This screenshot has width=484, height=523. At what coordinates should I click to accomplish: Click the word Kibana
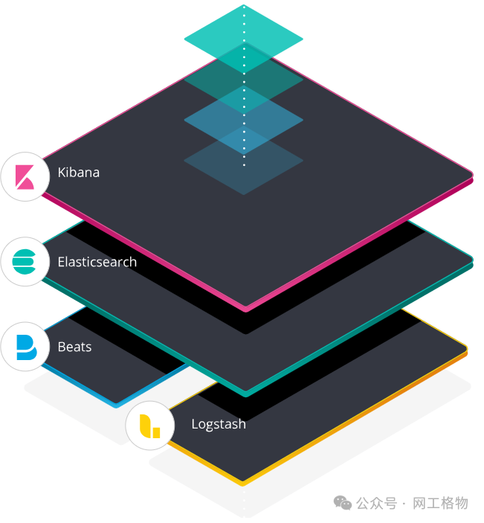click(x=78, y=173)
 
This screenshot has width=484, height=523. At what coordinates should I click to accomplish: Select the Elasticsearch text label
click(x=97, y=262)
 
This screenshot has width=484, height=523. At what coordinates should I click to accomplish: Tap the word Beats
click(x=74, y=347)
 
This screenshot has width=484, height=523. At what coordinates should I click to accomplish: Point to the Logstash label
click(x=219, y=424)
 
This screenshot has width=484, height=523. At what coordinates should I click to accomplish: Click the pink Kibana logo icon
click(x=25, y=176)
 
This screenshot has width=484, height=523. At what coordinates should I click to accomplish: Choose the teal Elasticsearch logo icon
click(x=25, y=262)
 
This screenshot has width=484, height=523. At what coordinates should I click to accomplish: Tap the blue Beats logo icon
click(x=25, y=347)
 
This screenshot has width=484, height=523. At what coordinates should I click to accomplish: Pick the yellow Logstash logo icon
click(x=149, y=426)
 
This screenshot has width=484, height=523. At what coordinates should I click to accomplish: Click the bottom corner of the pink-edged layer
click(x=245, y=307)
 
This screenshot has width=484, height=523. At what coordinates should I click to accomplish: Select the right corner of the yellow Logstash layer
click(x=466, y=348)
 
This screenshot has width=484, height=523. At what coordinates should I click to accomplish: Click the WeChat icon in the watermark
click(x=343, y=504)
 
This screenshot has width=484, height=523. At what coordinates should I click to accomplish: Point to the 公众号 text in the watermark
click(x=376, y=504)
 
